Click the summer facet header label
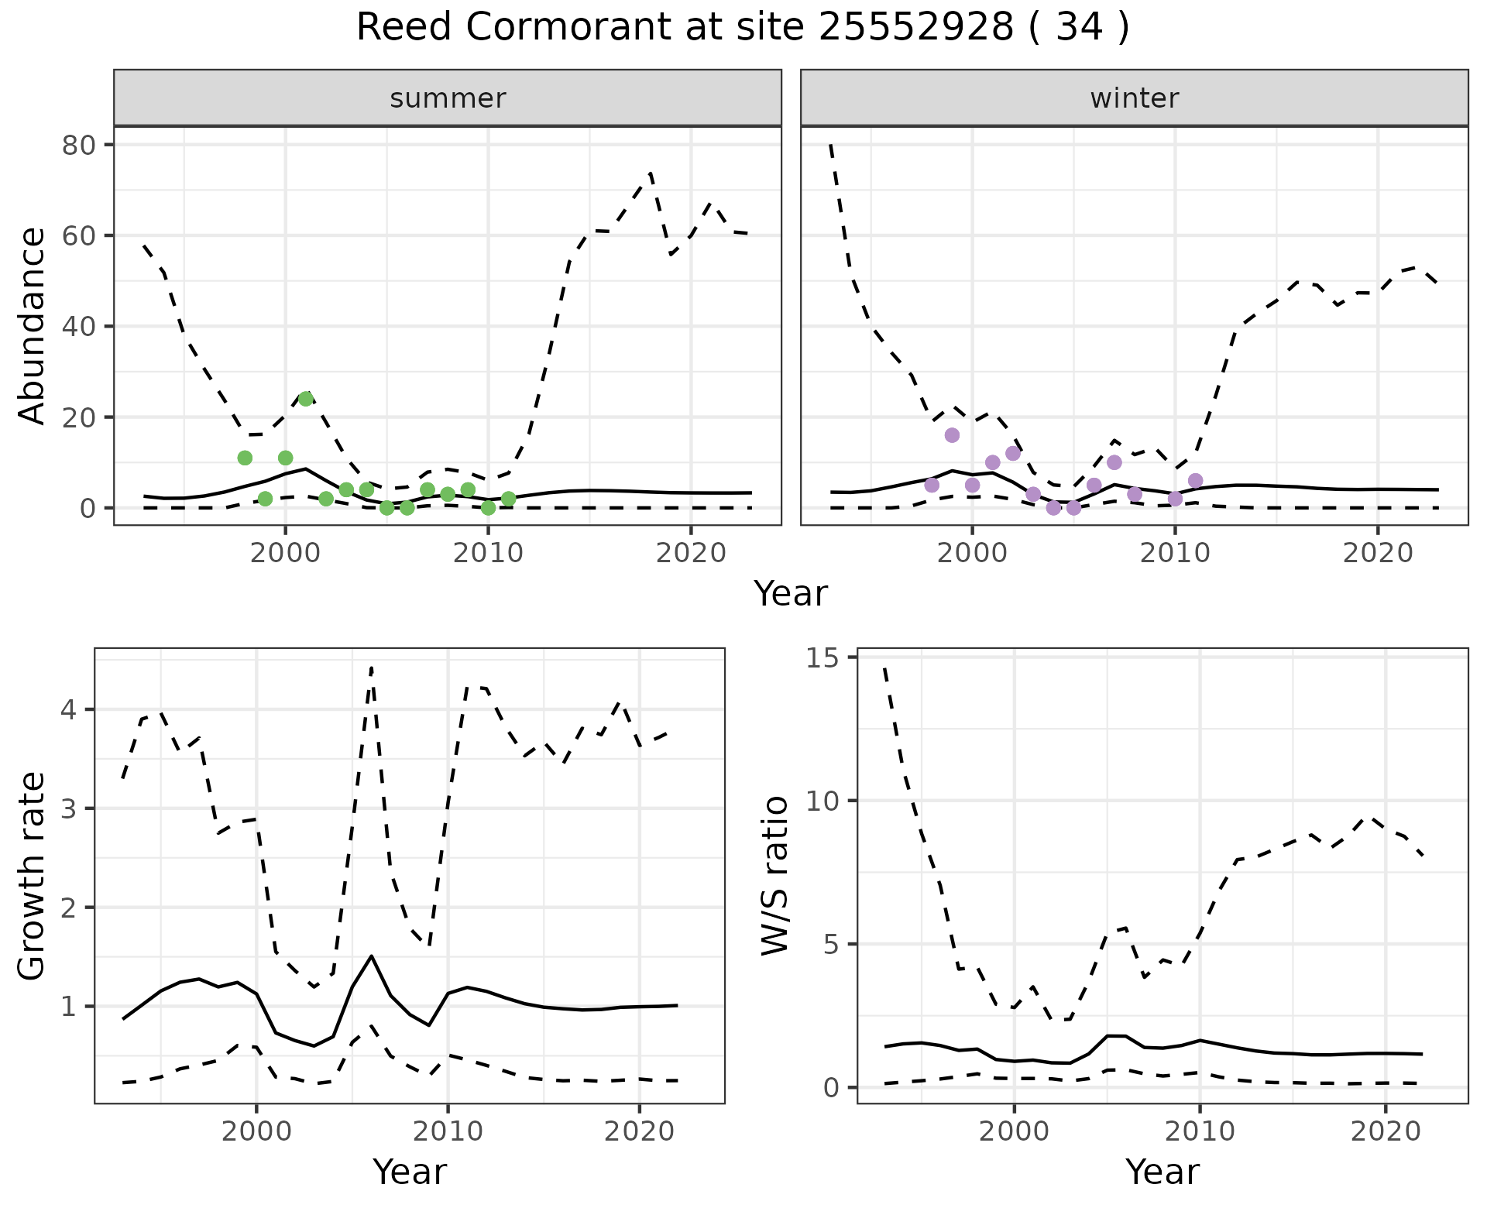click(x=448, y=98)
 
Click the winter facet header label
click(x=1134, y=98)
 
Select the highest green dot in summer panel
click(x=306, y=399)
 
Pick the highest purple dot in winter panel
click(x=952, y=435)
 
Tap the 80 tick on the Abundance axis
click(x=77, y=146)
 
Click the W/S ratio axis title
click(x=774, y=876)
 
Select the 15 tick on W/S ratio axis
click(x=825, y=658)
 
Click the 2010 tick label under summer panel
click(x=488, y=553)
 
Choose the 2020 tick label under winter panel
click(x=1378, y=553)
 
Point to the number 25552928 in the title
click(x=915, y=28)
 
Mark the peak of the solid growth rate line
click(x=372, y=956)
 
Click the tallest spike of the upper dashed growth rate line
click(x=372, y=667)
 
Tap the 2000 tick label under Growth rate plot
click(x=256, y=1131)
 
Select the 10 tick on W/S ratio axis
click(x=825, y=801)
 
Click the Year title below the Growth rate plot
click(x=410, y=1172)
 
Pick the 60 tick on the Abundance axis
click(x=77, y=236)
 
